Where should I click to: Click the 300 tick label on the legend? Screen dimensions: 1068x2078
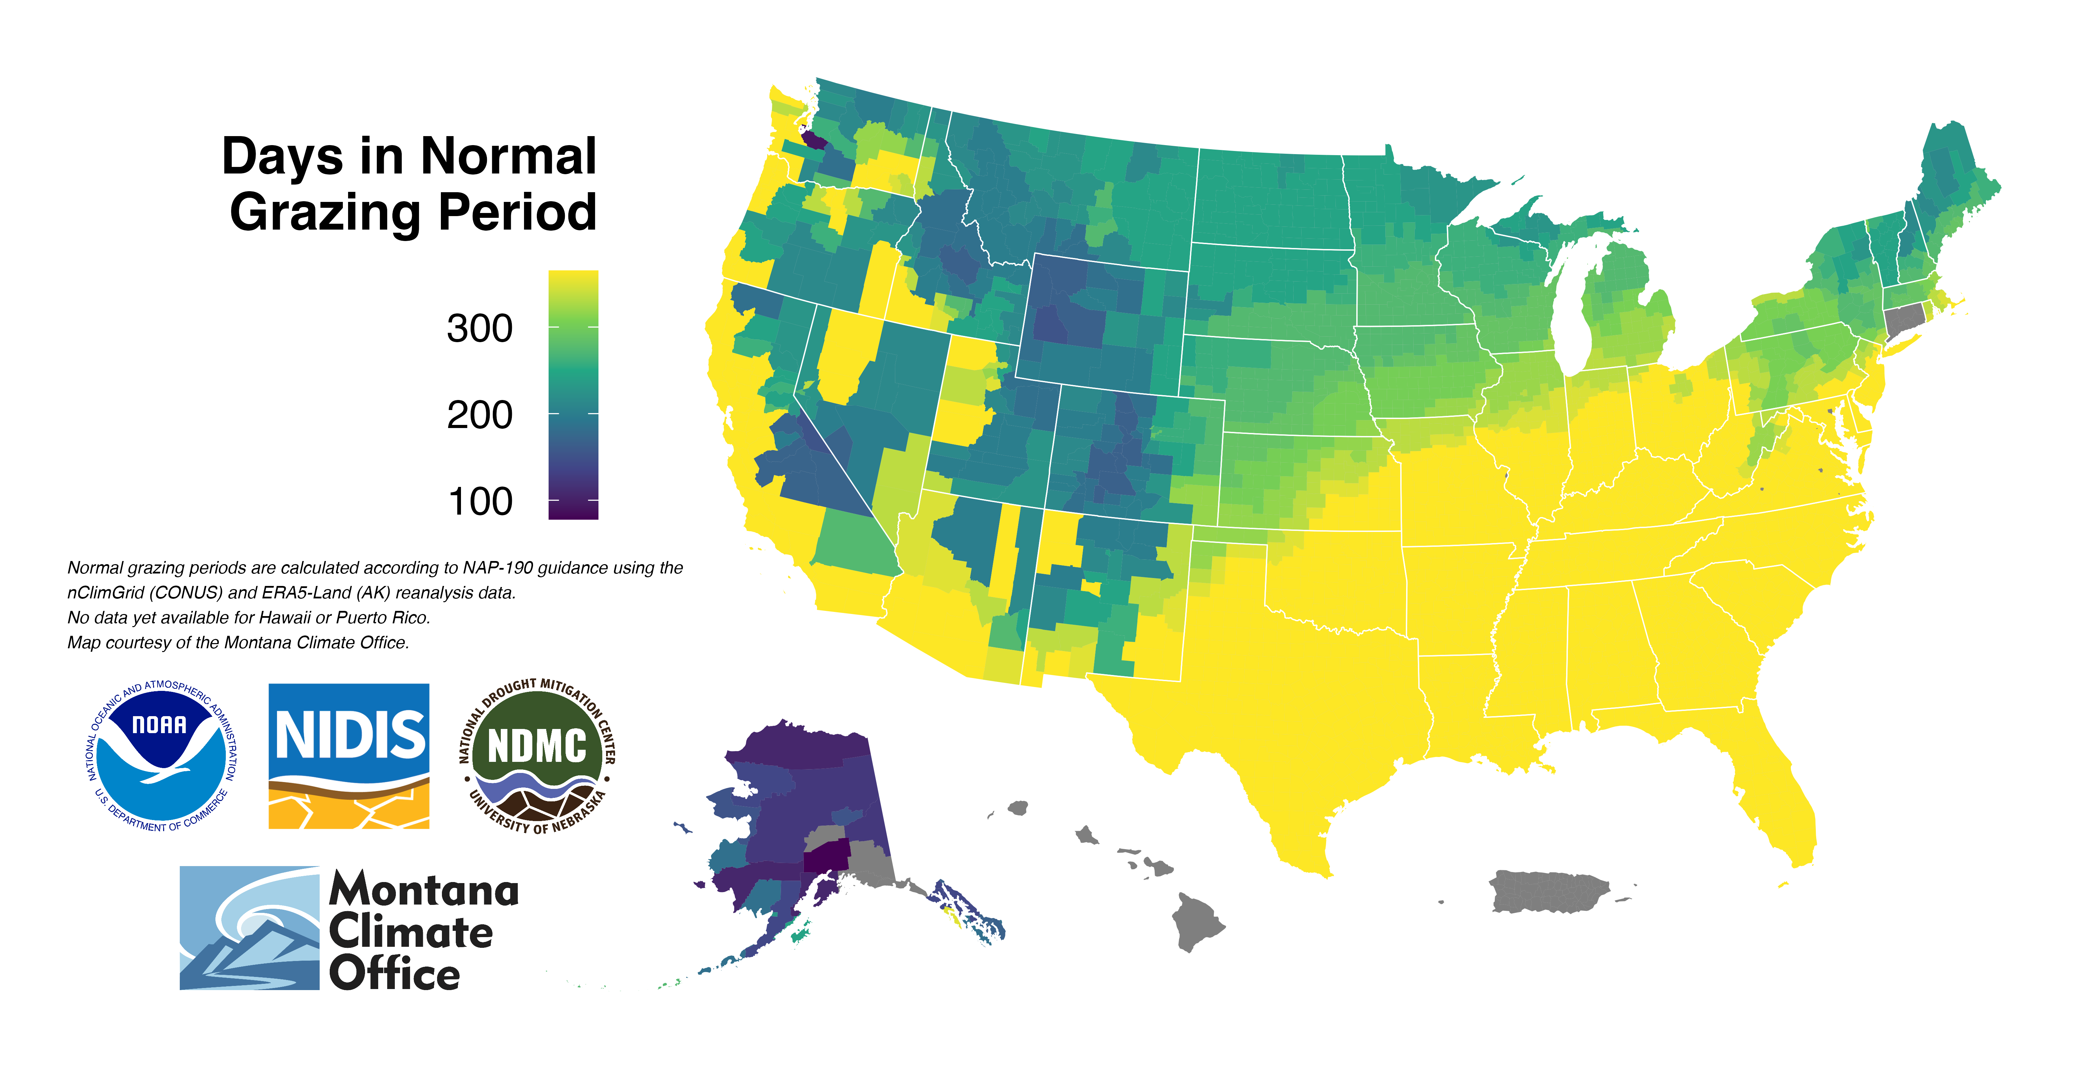tap(479, 328)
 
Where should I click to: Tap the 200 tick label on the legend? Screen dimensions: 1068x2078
tap(479, 415)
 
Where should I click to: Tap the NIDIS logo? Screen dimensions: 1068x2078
tap(348, 756)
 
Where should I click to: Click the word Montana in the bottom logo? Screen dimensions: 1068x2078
tap(424, 891)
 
